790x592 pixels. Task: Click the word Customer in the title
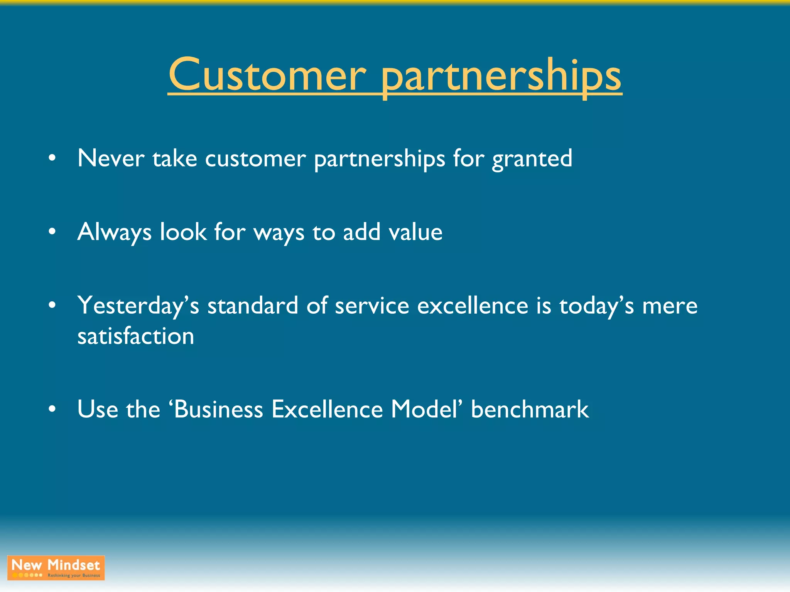point(267,75)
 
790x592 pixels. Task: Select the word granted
point(532,159)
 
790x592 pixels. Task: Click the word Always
point(114,232)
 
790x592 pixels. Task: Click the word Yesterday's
point(138,306)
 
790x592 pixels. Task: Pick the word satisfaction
point(136,336)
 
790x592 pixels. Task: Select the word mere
point(670,306)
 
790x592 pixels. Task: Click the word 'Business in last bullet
point(216,409)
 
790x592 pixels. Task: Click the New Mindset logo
point(56,568)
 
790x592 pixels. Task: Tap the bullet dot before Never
point(52,158)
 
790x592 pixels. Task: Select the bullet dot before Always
point(52,232)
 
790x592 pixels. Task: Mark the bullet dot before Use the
point(52,409)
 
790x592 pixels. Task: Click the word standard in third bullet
point(253,306)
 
